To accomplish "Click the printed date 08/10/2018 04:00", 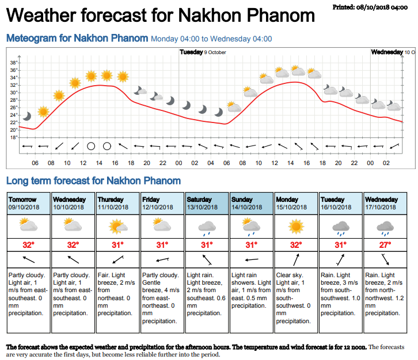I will (373, 6).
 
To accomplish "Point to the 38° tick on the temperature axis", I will (14, 62).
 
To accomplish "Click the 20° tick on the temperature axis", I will (14, 129).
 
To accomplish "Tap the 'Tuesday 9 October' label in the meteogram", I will (203, 52).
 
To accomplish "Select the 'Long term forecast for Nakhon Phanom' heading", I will (93, 181).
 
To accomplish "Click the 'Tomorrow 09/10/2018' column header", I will (28, 203).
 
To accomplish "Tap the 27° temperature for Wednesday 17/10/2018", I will (386, 245).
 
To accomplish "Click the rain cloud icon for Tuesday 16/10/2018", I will (341, 227).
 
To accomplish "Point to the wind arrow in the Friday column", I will (162, 260).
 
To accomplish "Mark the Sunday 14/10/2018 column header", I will (252, 203).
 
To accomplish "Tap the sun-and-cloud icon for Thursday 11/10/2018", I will (118, 227).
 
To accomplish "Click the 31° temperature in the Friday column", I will (162, 245).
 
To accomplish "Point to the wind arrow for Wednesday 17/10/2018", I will (386, 260).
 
